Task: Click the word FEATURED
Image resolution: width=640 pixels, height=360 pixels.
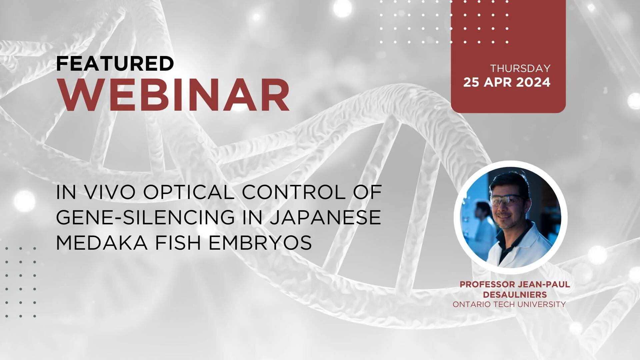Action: (115, 63)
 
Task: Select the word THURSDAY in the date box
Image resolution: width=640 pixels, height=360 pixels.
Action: (520, 68)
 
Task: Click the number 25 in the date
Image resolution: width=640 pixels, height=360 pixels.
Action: (471, 82)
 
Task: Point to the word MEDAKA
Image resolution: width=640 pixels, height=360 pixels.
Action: (102, 243)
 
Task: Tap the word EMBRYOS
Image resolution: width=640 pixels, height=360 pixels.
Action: (260, 243)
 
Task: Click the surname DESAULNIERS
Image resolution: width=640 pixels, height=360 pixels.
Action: (515, 295)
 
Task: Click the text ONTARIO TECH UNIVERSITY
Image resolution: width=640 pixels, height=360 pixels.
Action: (509, 304)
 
